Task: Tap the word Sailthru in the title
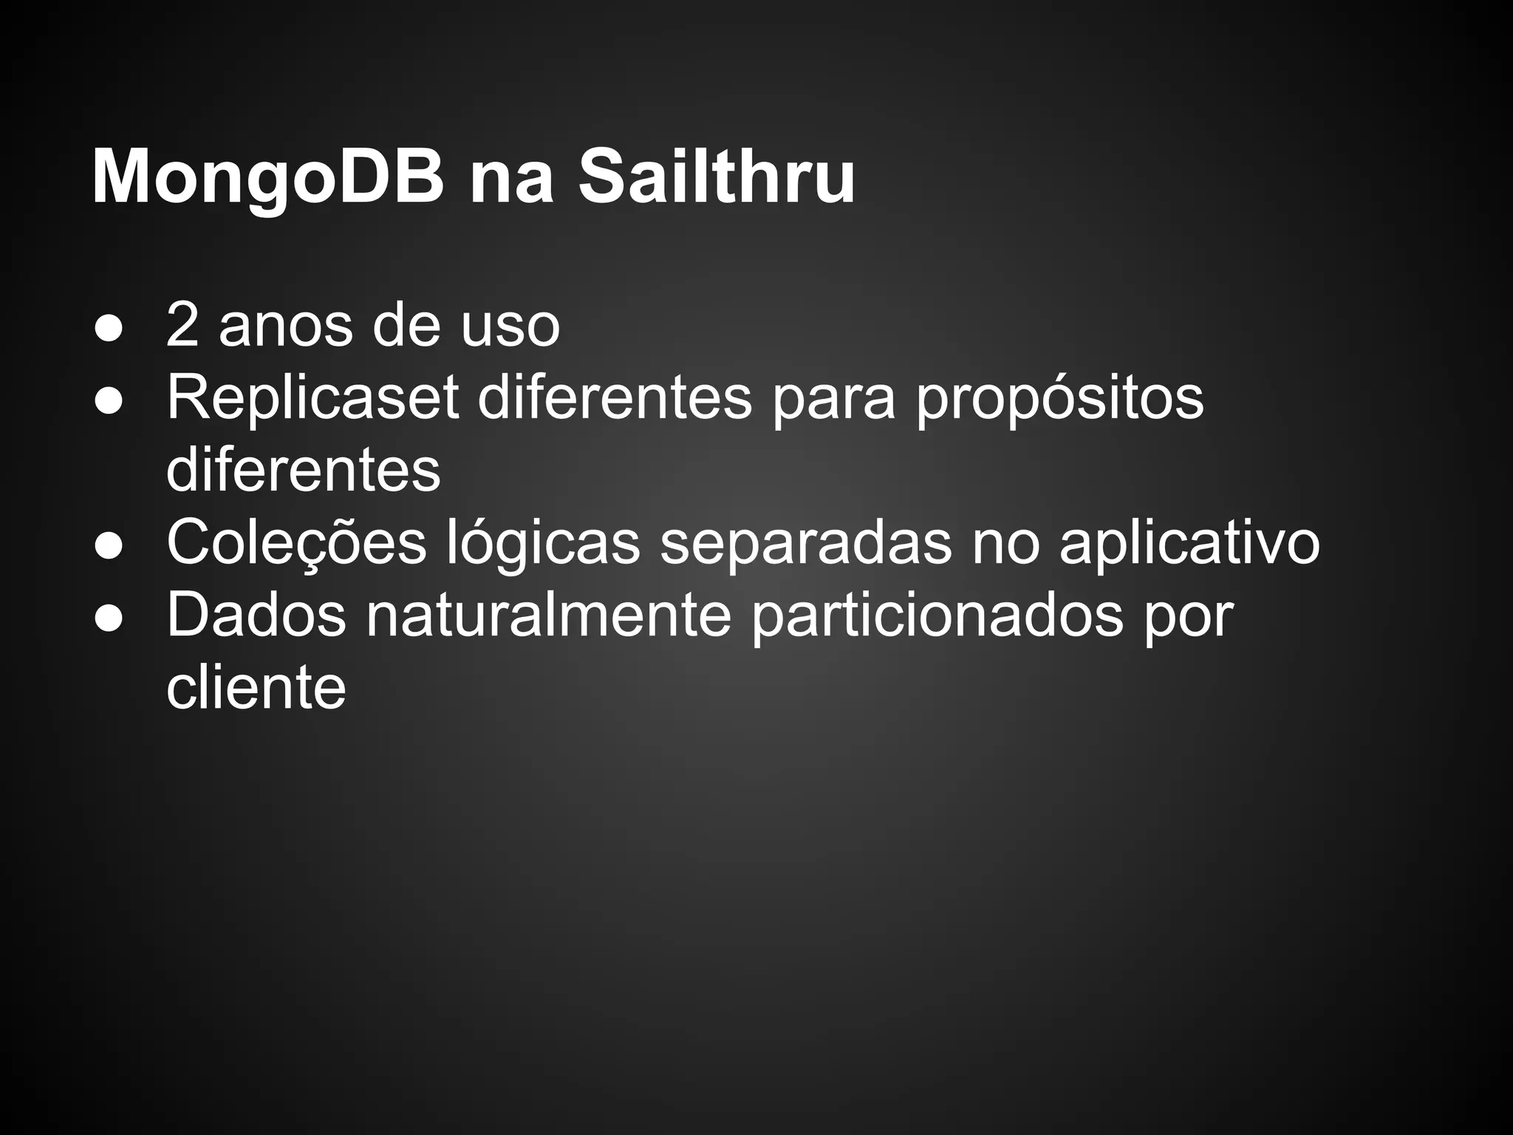716,177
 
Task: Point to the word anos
284,326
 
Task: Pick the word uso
510,326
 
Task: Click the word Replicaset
312,398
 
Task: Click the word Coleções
296,543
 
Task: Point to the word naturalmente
548,615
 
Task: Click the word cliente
256,687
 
